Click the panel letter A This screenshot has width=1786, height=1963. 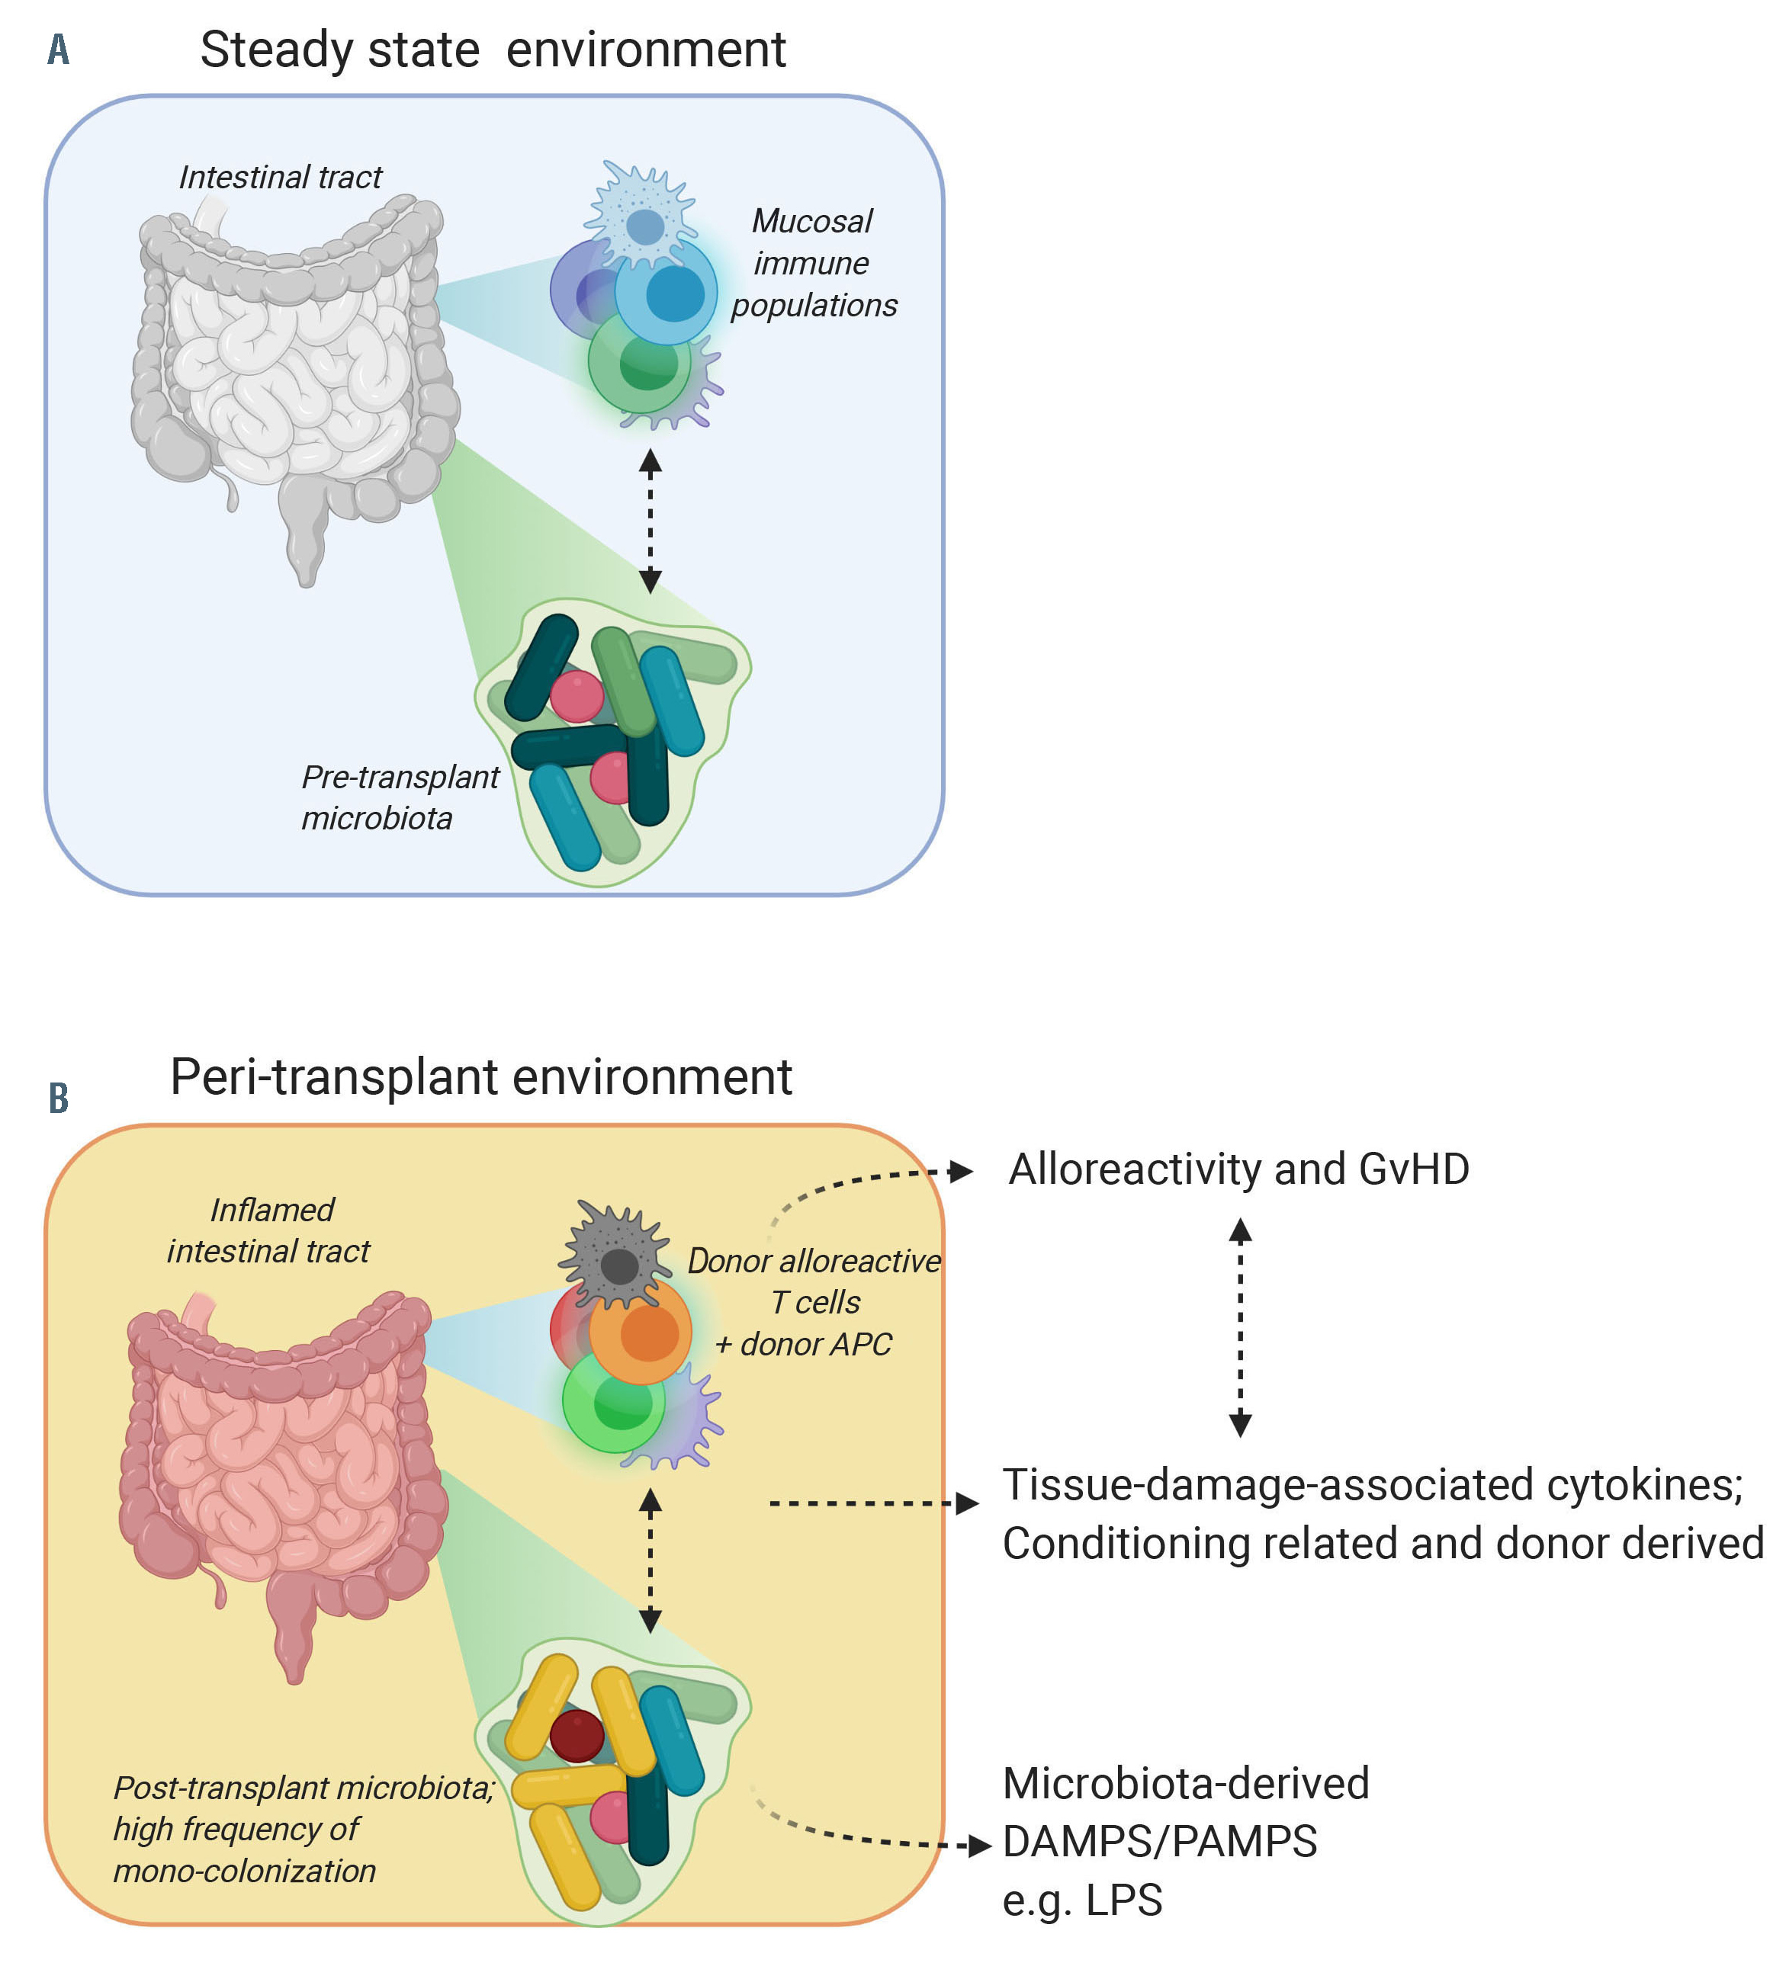click(59, 49)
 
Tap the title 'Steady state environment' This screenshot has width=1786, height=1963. click(492, 50)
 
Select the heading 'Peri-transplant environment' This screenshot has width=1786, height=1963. click(480, 1077)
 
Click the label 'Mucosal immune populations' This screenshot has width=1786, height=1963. click(813, 263)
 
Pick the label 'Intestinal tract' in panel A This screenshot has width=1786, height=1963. click(281, 177)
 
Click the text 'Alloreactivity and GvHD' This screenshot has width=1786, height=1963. click(1238, 1169)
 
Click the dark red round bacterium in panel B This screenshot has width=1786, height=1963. click(577, 1735)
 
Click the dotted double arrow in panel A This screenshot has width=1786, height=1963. click(650, 521)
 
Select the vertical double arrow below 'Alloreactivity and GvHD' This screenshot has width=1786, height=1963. click(1240, 1328)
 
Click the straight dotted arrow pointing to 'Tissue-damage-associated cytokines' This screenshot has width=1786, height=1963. click(872, 1503)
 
